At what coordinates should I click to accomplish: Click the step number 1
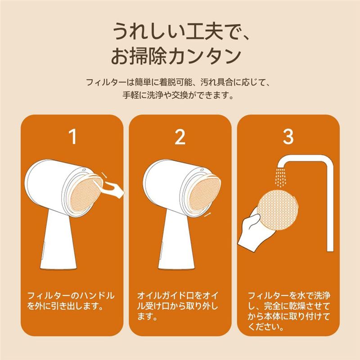(73, 136)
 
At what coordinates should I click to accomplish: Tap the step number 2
(180, 137)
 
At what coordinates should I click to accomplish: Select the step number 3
(288, 136)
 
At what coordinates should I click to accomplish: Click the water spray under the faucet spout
(280, 177)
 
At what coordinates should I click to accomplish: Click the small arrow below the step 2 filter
(207, 215)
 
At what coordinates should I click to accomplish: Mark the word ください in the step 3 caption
(264, 327)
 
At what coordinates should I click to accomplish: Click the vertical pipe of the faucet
(330, 207)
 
